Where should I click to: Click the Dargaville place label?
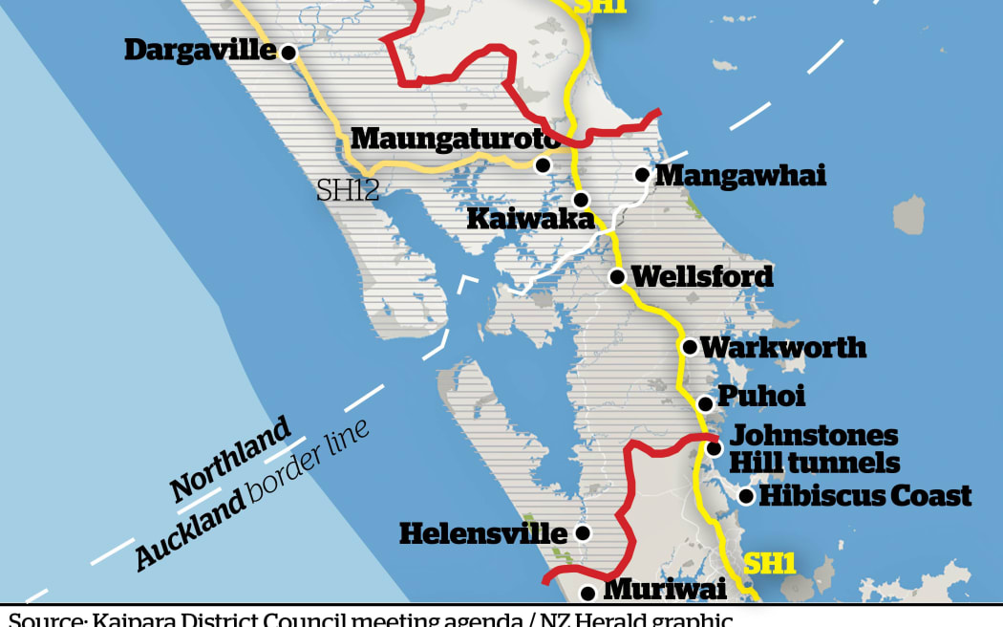tap(200, 50)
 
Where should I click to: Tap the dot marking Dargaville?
tap(288, 54)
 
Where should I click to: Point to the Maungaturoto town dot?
tap(543, 165)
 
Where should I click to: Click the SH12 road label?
tap(348, 189)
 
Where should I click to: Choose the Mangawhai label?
tap(740, 175)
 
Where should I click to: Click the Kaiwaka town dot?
tap(580, 199)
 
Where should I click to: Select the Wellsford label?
tap(702, 277)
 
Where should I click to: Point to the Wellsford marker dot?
tap(617, 277)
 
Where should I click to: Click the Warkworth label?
tap(783, 347)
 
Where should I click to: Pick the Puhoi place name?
tap(761, 396)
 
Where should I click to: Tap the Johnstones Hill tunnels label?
tap(814, 449)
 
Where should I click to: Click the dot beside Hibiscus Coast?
tap(746, 495)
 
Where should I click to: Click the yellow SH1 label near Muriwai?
tap(770, 564)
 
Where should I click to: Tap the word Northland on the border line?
tap(230, 460)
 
